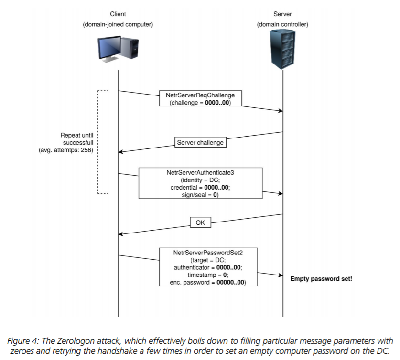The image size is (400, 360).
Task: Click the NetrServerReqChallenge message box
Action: (200, 98)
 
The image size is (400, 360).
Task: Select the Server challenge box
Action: (200, 142)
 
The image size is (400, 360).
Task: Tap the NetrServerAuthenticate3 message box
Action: (200, 183)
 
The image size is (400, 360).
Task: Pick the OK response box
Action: (200, 222)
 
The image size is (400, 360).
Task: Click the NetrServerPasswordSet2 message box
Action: (208, 267)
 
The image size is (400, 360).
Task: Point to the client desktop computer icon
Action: (118, 49)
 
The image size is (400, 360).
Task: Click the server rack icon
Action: (282, 49)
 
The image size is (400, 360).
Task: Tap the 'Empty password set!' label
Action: (321, 279)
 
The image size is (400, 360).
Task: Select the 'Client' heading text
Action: (118, 14)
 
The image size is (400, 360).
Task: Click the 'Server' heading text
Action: (282, 14)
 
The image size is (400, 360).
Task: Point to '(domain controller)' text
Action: (282, 24)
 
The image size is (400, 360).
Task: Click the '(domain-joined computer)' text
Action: (118, 24)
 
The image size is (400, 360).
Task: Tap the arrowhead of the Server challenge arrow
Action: (120, 152)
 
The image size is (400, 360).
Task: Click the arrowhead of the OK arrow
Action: (120, 234)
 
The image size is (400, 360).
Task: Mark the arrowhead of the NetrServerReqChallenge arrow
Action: (281, 111)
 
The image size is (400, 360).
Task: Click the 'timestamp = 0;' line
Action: (208, 275)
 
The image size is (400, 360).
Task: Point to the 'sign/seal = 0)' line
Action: (200, 195)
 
